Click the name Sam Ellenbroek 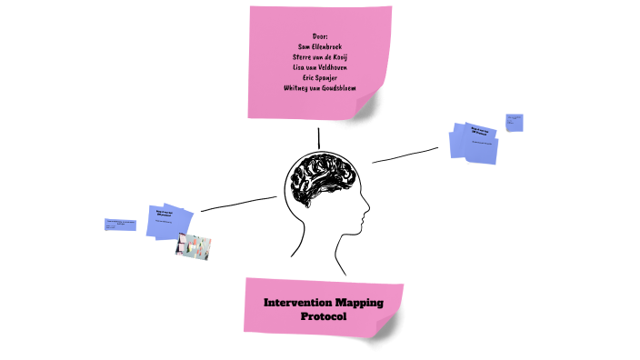(318, 45)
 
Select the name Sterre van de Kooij (318, 56)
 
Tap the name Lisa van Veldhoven (318, 66)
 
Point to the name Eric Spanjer (318, 77)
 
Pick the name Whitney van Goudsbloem (319, 88)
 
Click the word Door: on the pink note (319, 35)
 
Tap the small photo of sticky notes (193, 246)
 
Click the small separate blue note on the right (515, 122)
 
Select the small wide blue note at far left (120, 224)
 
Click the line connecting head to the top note (319, 137)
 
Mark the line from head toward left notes (238, 204)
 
